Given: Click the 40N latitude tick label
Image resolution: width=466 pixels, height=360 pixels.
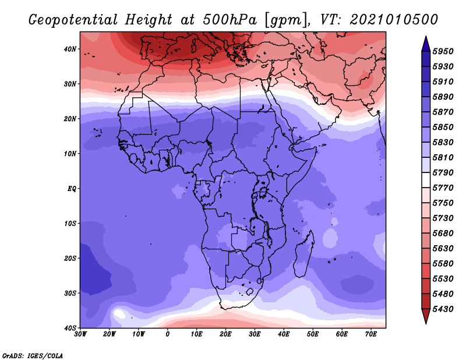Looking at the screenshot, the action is pos(70,49).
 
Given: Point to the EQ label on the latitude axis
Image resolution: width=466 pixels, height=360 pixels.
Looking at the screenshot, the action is pos(72,189).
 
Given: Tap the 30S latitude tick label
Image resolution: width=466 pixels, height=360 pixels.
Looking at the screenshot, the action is pos(70,293).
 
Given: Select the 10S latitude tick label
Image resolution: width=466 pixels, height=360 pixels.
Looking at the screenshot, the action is pos(70,223).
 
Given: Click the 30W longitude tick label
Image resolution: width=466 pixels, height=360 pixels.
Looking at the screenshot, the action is pos(80,334).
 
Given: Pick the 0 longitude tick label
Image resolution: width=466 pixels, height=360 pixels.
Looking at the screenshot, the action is pos(168,334).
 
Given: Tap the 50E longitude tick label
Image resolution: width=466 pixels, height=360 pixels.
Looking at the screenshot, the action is pos(313,334).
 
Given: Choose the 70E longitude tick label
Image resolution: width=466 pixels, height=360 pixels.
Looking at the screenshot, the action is pos(370,334).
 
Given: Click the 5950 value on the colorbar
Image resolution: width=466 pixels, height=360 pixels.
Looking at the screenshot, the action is pos(443,51).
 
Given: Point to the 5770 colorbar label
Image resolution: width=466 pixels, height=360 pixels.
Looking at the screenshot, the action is pos(443,188).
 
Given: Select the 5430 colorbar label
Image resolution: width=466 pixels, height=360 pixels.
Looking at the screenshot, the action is pos(443,309).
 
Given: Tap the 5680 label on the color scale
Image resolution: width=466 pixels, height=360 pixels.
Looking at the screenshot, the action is pos(443,234).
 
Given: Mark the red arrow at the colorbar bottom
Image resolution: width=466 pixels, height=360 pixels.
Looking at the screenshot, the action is pos(426,316).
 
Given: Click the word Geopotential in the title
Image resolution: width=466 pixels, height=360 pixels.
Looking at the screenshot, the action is pos(73,20).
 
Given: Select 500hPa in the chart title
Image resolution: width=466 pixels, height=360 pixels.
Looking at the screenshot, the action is pos(230,20).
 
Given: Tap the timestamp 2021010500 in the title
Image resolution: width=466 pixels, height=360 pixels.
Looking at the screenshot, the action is pos(394,20).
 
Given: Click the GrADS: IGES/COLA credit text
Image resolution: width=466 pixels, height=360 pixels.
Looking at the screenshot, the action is pos(33,356).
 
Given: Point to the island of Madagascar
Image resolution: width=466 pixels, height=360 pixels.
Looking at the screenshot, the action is pos(303,255).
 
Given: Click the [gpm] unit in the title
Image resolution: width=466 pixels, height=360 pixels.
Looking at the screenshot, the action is pos(286,20).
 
